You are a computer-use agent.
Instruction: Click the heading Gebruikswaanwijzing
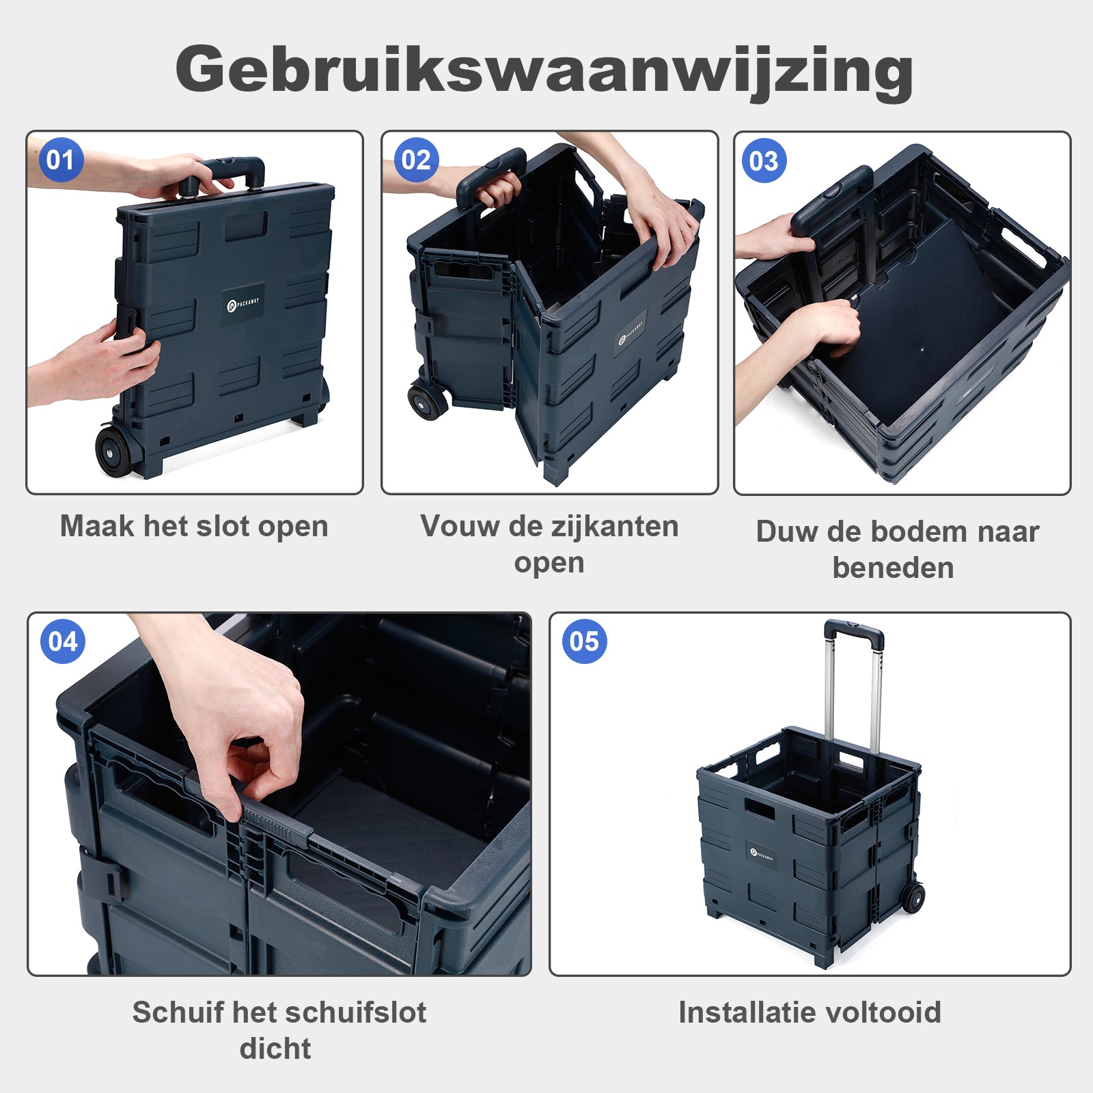pos(544,70)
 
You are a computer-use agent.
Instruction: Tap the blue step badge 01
pos(61,160)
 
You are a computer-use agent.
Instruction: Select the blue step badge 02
pos(416,160)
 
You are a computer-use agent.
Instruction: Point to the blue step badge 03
pos(764,161)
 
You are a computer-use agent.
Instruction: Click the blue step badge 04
pos(63,641)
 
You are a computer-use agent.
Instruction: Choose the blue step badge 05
pos(584,641)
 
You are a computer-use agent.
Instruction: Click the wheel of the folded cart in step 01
pos(112,450)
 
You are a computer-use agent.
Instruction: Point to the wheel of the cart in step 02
pos(426,400)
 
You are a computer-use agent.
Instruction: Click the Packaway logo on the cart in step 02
pos(632,333)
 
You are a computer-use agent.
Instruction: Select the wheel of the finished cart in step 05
pos(913,896)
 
